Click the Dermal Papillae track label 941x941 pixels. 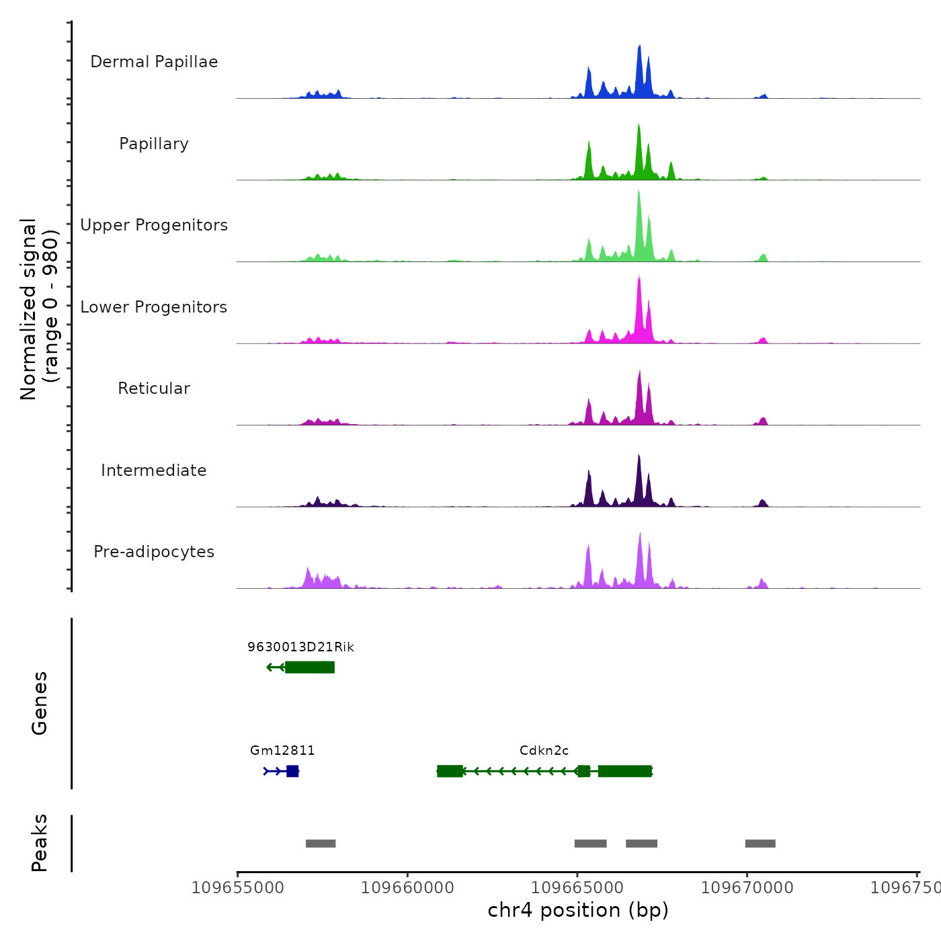click(x=154, y=62)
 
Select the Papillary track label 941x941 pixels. click(x=154, y=144)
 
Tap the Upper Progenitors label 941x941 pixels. click(x=154, y=225)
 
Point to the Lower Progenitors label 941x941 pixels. click(x=154, y=307)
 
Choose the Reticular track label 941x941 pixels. click(x=154, y=388)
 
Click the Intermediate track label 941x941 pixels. click(x=154, y=470)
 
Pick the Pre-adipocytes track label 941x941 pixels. click(x=154, y=552)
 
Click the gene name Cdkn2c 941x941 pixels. click(x=544, y=750)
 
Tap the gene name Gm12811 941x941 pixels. click(x=282, y=750)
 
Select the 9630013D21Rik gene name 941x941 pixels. click(x=300, y=647)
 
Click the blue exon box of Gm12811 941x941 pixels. click(x=292, y=771)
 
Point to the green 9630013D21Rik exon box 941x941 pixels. click(x=310, y=667)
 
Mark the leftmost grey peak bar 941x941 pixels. click(x=321, y=844)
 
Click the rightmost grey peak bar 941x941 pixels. click(x=760, y=844)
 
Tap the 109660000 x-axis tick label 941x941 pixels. click(x=407, y=888)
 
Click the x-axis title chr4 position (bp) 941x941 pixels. click(x=578, y=910)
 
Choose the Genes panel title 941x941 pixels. click(x=40, y=703)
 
